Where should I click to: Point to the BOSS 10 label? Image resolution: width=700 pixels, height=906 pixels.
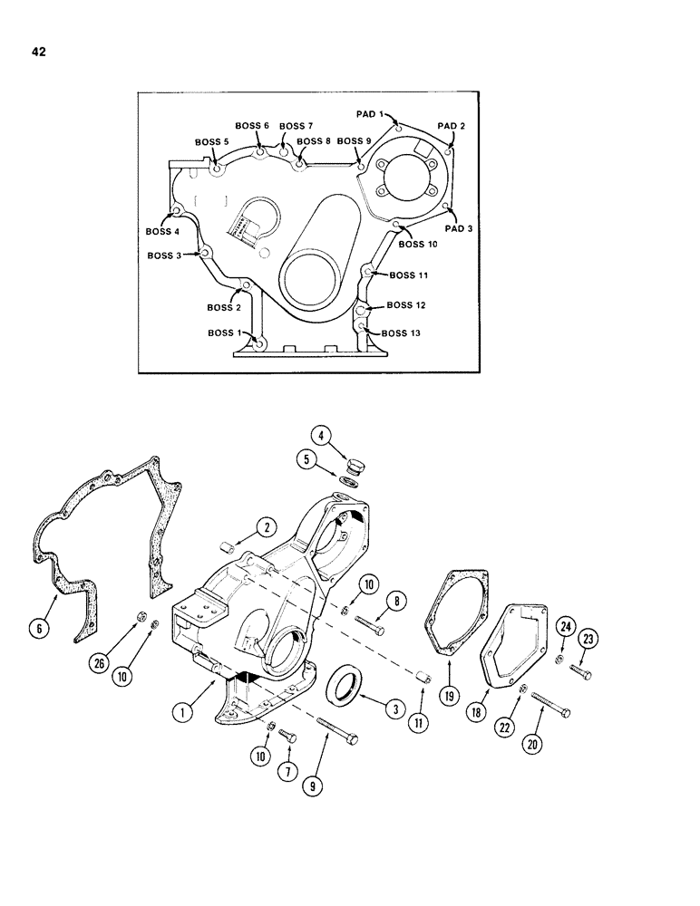[418, 244]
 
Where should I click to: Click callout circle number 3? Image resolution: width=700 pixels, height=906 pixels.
[394, 709]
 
